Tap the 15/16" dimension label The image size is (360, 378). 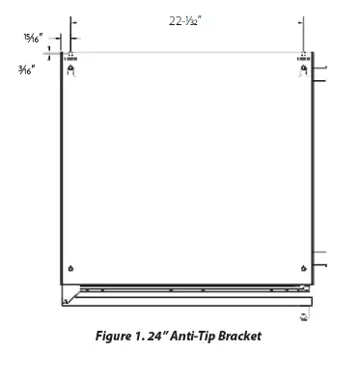coord(34,38)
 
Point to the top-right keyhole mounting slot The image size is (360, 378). coord(305,68)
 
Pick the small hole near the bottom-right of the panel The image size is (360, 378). coord(306,267)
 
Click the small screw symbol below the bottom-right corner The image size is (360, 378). coord(306,315)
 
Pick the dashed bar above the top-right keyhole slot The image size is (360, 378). coord(305,55)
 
